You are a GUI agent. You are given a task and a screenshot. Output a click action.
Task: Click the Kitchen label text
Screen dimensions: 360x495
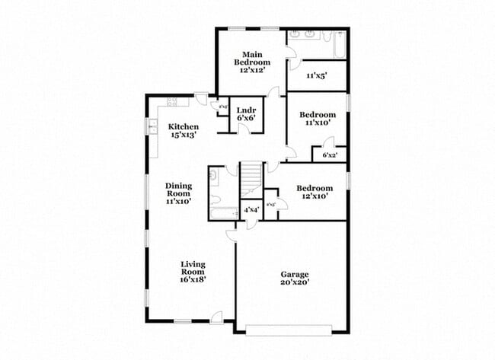pyautogui.click(x=184, y=126)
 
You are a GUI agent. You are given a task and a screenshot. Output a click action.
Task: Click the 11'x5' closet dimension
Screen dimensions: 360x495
pyautogui.click(x=316, y=76)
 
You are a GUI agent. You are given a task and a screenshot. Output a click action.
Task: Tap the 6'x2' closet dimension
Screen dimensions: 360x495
pyautogui.click(x=330, y=155)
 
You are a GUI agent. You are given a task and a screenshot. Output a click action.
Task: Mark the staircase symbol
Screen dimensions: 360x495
pyautogui.click(x=251, y=179)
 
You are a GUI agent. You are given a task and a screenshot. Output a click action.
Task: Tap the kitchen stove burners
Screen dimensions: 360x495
pyautogui.click(x=172, y=101)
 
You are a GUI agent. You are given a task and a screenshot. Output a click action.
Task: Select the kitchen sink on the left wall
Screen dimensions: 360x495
pyautogui.click(x=153, y=126)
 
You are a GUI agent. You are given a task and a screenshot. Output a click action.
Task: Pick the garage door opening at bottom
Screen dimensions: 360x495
pyautogui.click(x=289, y=330)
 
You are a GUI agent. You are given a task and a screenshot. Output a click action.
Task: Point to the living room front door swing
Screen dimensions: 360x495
pyautogui.click(x=217, y=316)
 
